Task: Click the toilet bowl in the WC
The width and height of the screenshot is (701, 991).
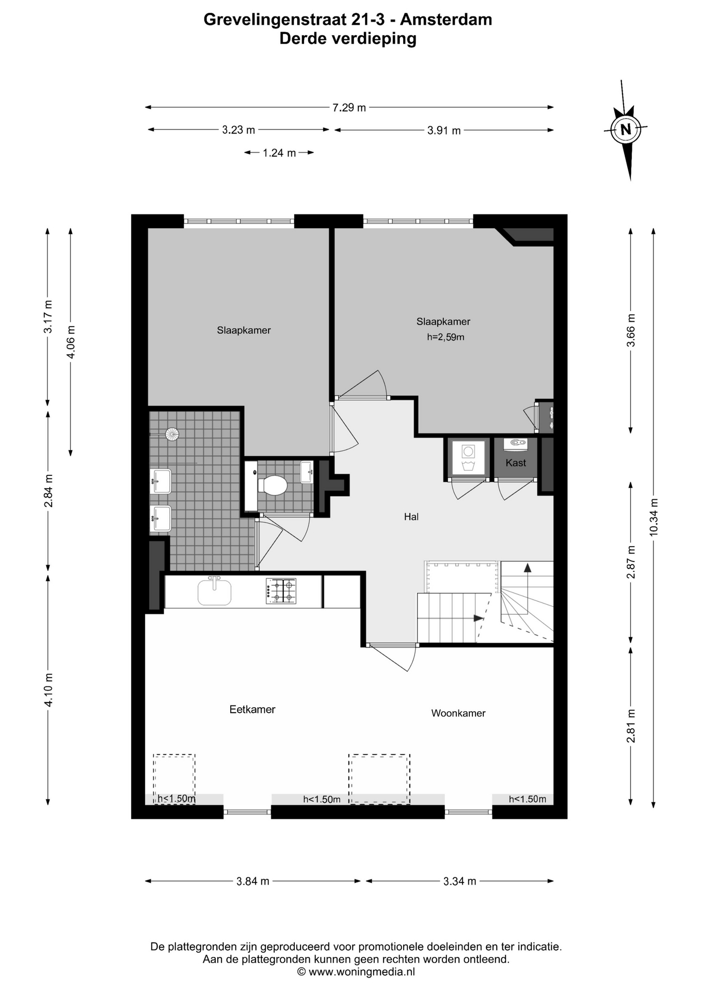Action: (273, 485)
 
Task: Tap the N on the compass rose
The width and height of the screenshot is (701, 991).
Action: (626, 130)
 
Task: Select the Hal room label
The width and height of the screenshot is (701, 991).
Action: (411, 517)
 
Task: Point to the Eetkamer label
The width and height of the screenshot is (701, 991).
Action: (252, 709)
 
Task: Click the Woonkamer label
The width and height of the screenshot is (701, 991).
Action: (458, 713)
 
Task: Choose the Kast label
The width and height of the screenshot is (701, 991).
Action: (516, 463)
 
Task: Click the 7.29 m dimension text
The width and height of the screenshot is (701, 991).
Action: (349, 108)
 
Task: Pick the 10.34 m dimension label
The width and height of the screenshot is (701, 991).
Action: (654, 517)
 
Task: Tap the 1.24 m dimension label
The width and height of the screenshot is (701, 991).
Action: (279, 153)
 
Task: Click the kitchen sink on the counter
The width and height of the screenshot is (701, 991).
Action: (215, 591)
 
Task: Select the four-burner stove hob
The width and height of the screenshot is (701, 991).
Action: (281, 591)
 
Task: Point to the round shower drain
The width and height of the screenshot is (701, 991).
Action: (172, 434)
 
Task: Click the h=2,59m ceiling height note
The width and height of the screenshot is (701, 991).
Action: (445, 338)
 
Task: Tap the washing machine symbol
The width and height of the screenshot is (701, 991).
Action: (468, 457)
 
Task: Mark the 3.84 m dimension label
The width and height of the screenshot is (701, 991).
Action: (253, 882)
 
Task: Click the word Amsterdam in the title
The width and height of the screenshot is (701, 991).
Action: (446, 20)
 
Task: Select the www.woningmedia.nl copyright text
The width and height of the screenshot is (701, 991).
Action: (356, 972)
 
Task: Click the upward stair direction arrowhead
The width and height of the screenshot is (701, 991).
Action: (527, 568)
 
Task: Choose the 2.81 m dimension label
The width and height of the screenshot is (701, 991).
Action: (631, 726)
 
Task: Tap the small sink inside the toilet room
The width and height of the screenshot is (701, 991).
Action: (307, 472)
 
